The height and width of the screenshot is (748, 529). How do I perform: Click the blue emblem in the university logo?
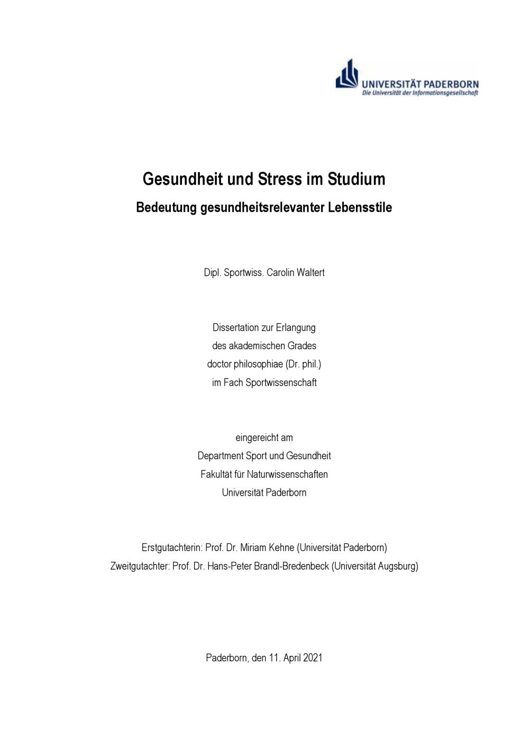[347, 75]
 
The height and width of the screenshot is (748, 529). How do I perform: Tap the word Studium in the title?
[357, 179]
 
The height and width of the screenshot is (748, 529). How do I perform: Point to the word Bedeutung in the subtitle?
[166, 207]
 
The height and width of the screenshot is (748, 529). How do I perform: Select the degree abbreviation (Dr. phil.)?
[303, 364]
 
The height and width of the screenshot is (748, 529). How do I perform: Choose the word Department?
[220, 456]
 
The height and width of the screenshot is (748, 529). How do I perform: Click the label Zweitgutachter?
[140, 566]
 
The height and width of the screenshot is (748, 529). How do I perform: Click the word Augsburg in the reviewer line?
[397, 566]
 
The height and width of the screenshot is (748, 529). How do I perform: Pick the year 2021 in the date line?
[313, 658]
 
